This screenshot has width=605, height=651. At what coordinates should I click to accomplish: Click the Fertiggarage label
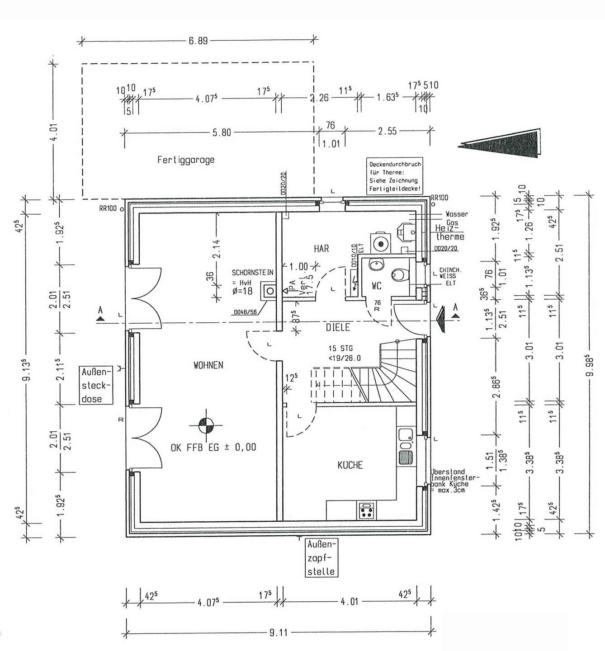pyautogui.click(x=186, y=160)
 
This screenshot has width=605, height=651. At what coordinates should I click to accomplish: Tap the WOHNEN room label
pyautogui.click(x=208, y=365)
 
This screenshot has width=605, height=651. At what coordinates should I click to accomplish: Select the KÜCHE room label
pyautogui.click(x=350, y=465)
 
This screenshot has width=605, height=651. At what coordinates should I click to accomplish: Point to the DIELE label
pyautogui.click(x=338, y=328)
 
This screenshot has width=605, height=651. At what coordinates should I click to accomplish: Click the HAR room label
pyautogui.click(x=321, y=249)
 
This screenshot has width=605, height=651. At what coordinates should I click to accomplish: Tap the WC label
pyautogui.click(x=377, y=286)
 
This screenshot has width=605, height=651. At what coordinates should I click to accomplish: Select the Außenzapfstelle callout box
pyautogui.click(x=321, y=557)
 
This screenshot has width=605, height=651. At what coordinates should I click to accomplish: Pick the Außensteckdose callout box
pyautogui.click(x=96, y=386)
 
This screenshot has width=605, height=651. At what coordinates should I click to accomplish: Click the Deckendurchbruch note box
pyautogui.click(x=394, y=176)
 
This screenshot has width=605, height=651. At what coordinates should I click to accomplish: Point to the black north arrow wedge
pyautogui.click(x=502, y=144)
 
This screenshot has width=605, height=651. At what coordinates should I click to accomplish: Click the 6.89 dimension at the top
pyautogui.click(x=198, y=41)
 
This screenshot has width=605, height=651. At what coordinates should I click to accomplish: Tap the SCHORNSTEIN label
pyautogui.click(x=252, y=273)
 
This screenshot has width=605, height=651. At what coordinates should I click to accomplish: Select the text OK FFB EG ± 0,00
pyautogui.click(x=213, y=447)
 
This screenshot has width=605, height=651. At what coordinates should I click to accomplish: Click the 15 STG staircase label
pyautogui.click(x=341, y=349)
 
